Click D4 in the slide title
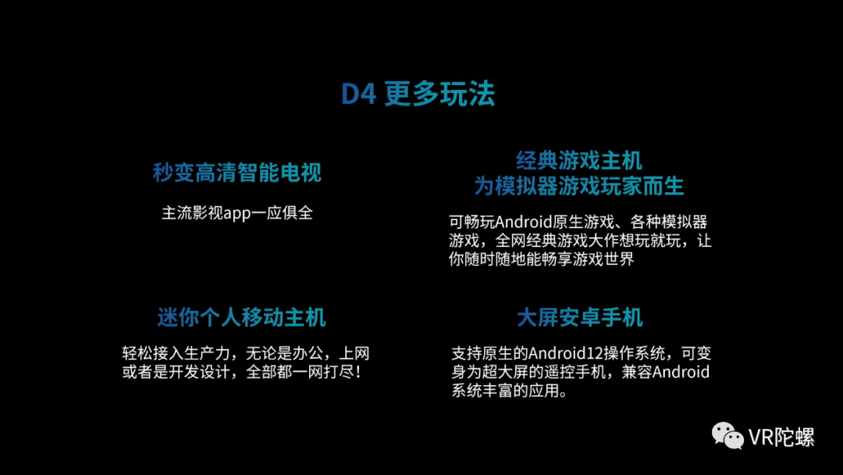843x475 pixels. point(359,95)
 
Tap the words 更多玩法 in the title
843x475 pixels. point(439,95)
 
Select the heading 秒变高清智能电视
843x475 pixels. point(237,173)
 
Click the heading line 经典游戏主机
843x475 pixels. point(579,161)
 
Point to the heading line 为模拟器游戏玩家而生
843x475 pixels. point(579,186)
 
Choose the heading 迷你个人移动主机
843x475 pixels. point(241,316)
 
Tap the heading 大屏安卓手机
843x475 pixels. point(580,317)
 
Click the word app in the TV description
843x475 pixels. point(237,213)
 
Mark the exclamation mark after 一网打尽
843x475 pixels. point(357,372)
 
